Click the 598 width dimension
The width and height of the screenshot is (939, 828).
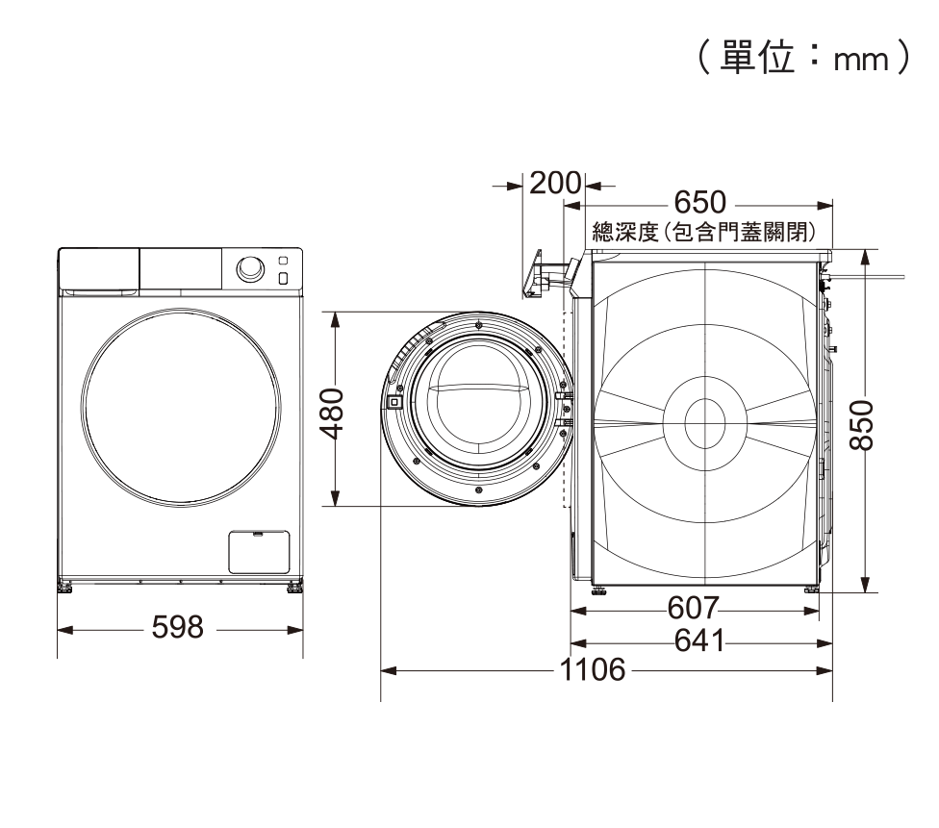tap(178, 627)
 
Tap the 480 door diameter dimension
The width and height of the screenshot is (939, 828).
tap(332, 414)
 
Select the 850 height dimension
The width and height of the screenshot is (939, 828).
tap(862, 425)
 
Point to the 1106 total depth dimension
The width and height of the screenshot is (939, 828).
tap(593, 669)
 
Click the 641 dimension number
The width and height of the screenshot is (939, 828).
tap(699, 640)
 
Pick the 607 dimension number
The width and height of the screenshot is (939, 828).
tap(693, 609)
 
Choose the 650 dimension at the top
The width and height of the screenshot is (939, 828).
tap(700, 202)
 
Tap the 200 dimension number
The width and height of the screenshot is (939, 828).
tap(555, 184)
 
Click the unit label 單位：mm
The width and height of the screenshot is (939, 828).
tap(803, 58)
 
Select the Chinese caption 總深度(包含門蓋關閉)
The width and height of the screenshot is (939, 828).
tap(703, 232)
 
